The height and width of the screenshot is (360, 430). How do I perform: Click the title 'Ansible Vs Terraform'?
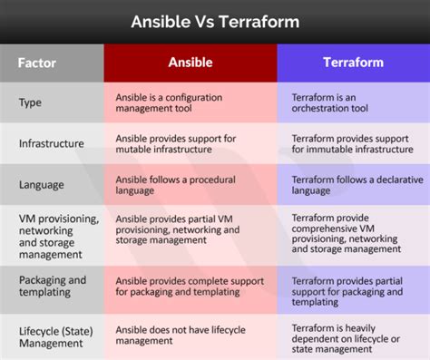coord(215,20)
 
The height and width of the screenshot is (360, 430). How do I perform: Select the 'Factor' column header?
coord(37,63)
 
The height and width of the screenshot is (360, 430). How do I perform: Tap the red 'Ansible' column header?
coord(190,63)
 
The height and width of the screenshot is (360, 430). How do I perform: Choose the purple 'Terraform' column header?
coord(353,63)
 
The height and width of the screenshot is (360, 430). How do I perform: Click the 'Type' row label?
coord(31,102)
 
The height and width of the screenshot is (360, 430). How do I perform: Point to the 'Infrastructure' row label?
coord(52,143)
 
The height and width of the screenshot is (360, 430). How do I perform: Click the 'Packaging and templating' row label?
coord(53,287)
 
